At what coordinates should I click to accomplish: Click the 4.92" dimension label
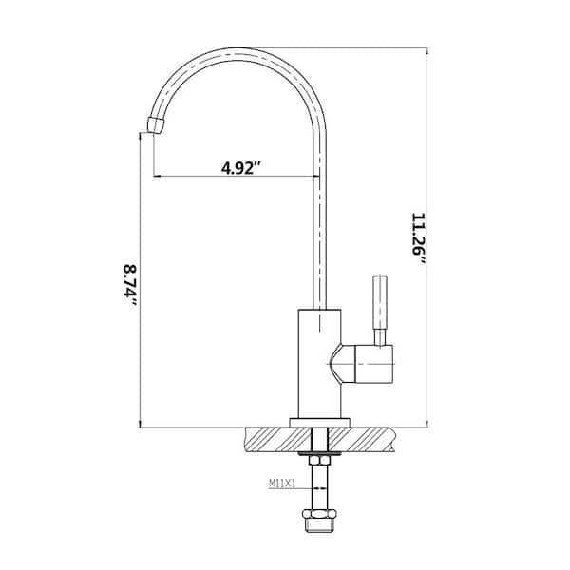[241, 168]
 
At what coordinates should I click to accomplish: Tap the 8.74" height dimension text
[130, 285]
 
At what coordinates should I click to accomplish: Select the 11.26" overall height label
[418, 239]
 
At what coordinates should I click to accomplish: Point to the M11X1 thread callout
[282, 484]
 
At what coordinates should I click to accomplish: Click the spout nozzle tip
[156, 125]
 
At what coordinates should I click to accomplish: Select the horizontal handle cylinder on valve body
[373, 364]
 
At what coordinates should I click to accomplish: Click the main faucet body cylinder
[319, 364]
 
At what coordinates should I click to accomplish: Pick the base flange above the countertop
[319, 423]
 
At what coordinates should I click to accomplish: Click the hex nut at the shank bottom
[319, 515]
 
